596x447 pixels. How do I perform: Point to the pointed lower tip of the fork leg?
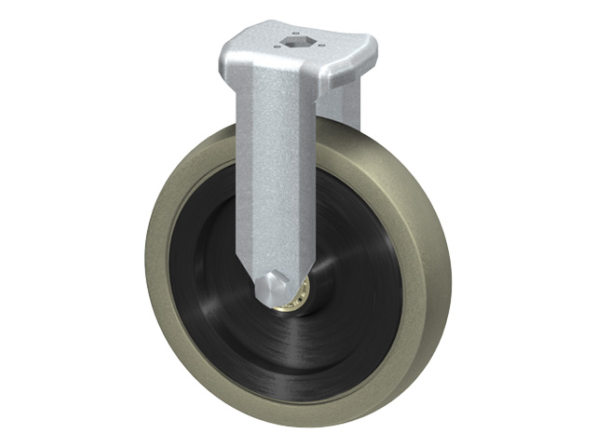pos(264,279)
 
